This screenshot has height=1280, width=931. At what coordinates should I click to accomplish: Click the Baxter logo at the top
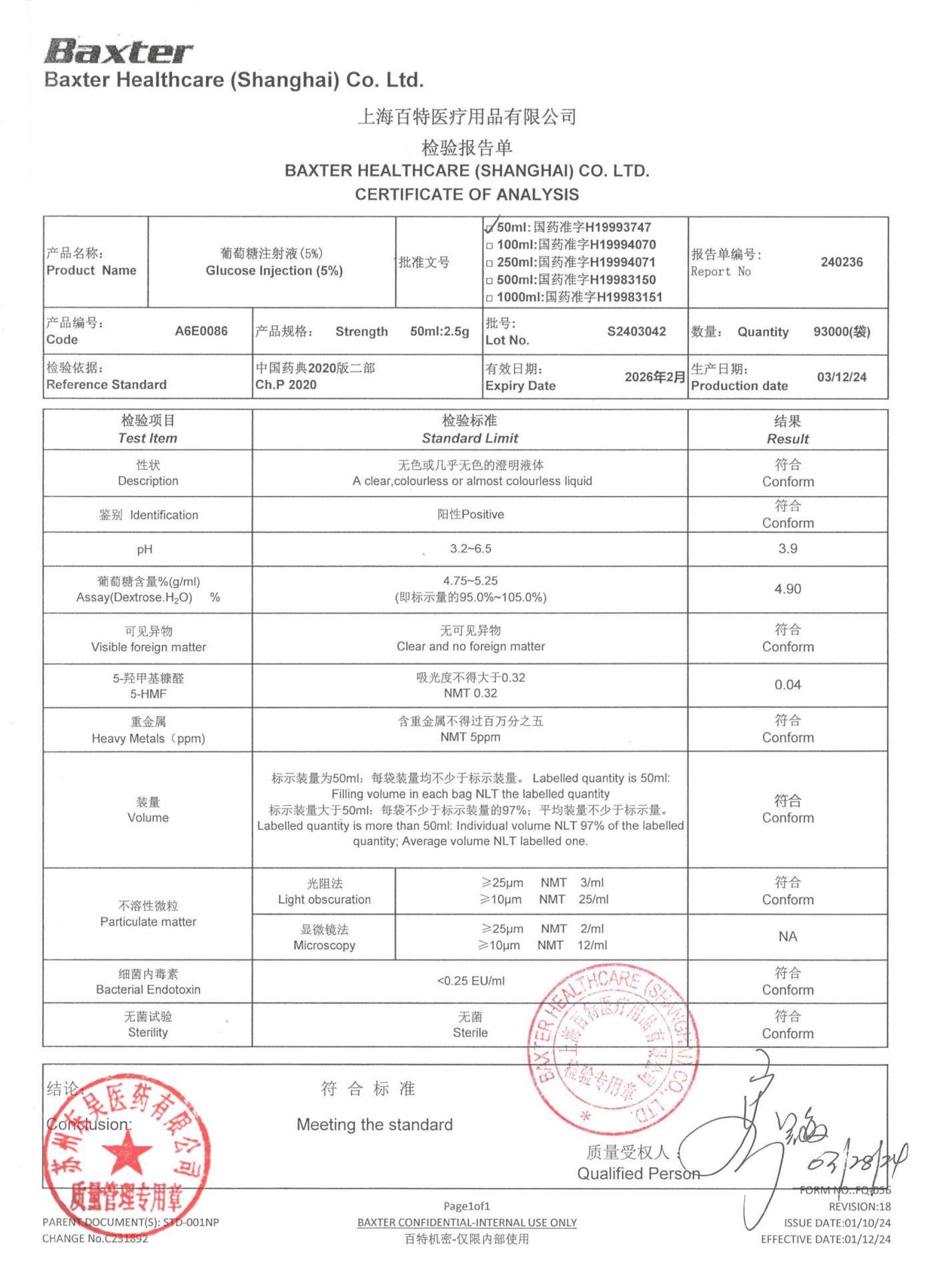119,51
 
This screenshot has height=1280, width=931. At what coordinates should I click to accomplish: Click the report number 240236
841,262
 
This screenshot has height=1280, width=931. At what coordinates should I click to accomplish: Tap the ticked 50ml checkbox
490,228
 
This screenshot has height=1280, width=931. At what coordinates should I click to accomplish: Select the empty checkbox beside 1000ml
490,298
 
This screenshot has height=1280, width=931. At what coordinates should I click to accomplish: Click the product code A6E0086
201,331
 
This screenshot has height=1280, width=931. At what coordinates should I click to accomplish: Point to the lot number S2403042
636,331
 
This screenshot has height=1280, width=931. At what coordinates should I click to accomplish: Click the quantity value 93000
841,331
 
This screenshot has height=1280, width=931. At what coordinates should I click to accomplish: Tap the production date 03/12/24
841,377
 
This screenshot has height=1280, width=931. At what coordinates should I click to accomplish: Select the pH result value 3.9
787,549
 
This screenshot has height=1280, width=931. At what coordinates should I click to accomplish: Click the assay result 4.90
787,589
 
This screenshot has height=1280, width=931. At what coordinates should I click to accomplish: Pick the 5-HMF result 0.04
787,685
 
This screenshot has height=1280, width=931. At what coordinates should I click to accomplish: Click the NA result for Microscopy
787,936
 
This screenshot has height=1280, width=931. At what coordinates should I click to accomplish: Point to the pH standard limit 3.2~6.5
470,549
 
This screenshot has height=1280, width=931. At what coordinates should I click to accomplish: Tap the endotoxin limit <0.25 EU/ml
470,981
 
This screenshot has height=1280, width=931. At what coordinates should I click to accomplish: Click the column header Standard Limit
470,438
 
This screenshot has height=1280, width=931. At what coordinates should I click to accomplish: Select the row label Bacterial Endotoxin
148,989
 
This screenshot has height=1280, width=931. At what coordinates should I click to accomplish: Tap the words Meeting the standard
374,1125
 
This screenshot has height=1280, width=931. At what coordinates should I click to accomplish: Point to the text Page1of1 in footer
466,1206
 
